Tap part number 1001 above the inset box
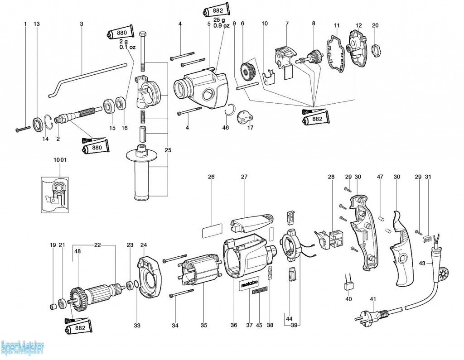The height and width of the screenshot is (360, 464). point(60,160)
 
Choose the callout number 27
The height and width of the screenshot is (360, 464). point(244,177)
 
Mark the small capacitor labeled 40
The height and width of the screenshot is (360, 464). point(348,285)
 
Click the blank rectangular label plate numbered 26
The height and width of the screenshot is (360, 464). point(212,231)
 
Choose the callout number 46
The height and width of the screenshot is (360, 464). point(226,128)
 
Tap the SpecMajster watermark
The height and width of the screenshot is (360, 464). point(23,348)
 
